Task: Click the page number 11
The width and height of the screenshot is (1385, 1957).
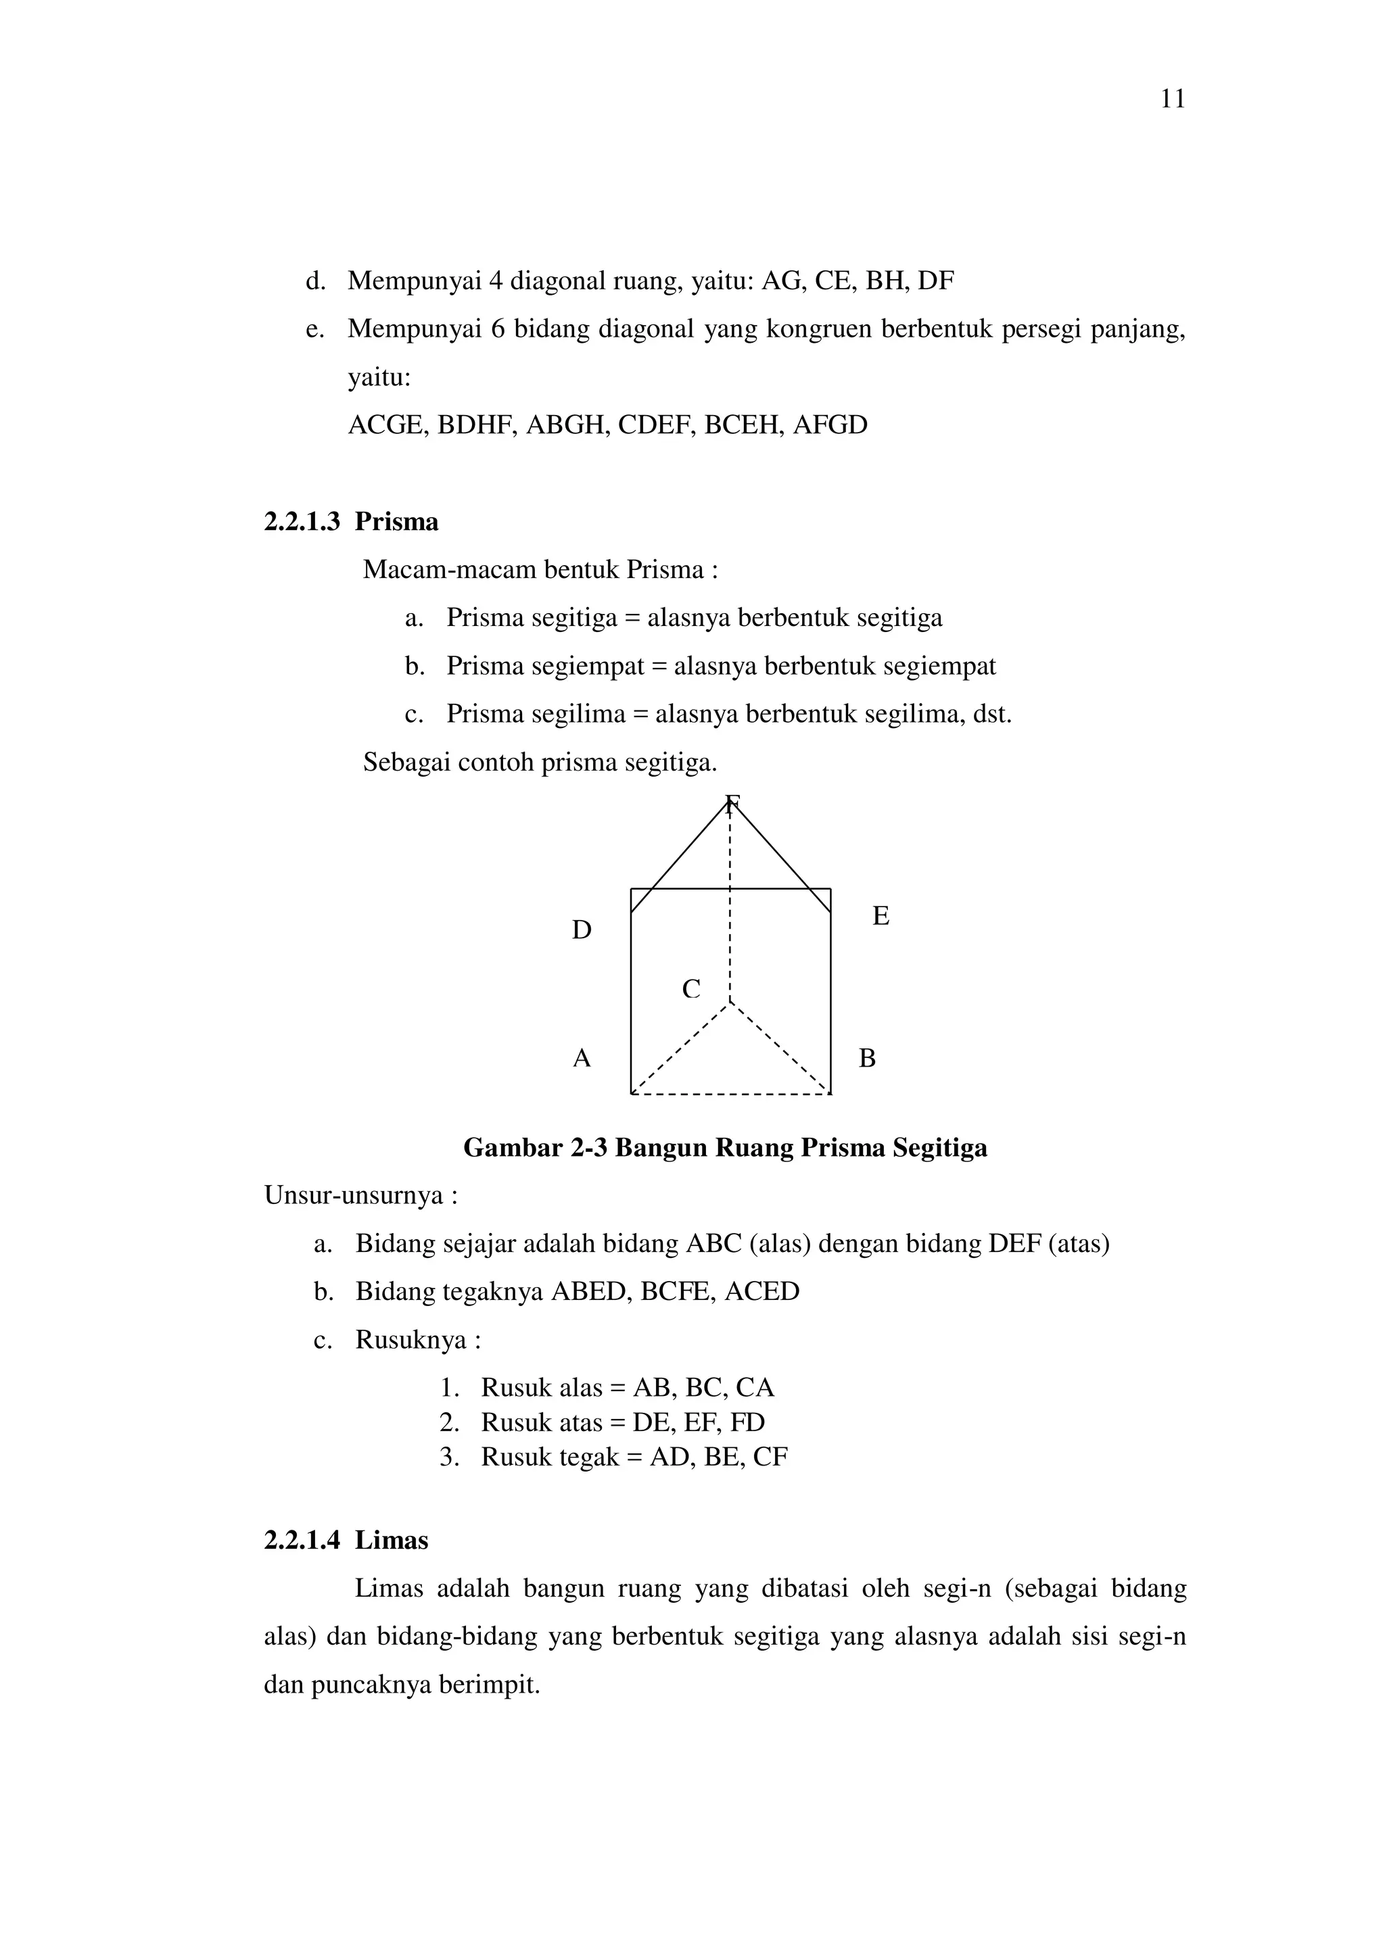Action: (1173, 100)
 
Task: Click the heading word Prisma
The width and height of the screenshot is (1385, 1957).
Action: (396, 522)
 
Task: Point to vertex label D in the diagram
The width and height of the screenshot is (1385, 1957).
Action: (582, 930)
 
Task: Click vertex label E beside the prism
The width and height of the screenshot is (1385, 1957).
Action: (881, 916)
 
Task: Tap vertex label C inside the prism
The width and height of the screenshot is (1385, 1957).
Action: (690, 990)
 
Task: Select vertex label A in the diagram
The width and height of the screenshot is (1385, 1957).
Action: (582, 1059)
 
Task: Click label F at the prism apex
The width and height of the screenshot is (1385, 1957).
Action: (732, 803)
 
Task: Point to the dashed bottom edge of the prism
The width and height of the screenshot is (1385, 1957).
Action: (730, 1094)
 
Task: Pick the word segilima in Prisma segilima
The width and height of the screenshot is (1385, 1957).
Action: (579, 713)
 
